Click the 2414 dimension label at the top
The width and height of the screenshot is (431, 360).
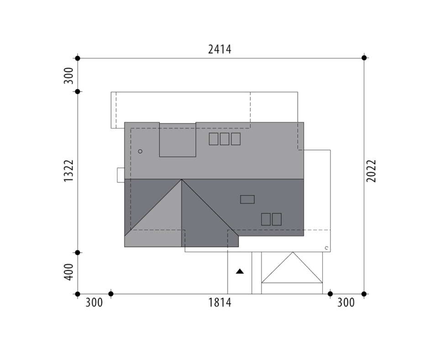click(220, 49)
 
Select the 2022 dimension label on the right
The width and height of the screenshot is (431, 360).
click(371, 171)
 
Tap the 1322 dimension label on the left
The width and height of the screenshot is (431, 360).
click(69, 171)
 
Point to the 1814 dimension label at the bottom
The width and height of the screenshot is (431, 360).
click(220, 303)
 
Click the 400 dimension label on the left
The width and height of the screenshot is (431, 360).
click(69, 272)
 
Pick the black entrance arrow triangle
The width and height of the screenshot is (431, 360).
click(240, 271)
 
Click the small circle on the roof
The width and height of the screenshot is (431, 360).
click(140, 151)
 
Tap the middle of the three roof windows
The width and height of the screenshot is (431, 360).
click(225, 139)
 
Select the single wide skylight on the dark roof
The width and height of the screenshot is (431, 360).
click(247, 199)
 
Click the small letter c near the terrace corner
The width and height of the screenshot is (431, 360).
click(326, 248)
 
